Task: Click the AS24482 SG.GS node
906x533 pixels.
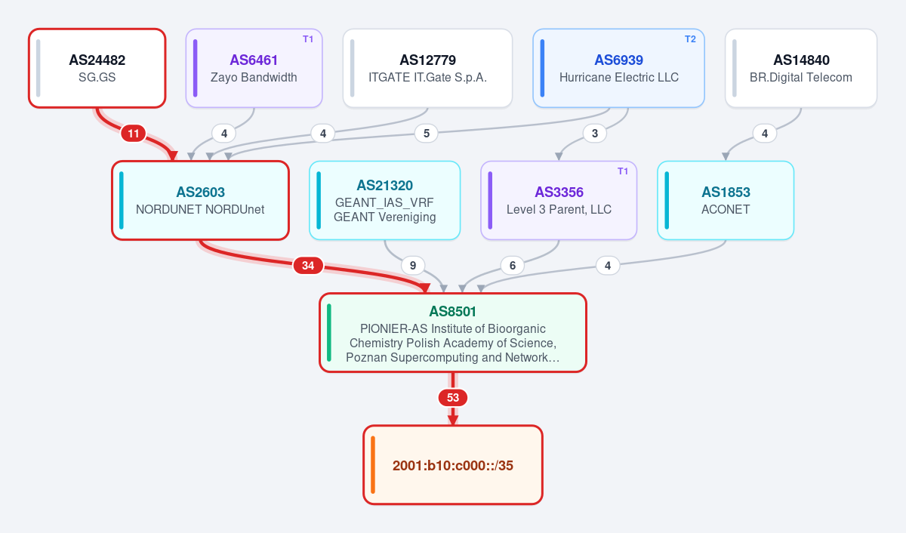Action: [x=97, y=68]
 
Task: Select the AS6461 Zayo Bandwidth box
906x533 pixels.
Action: [x=254, y=68]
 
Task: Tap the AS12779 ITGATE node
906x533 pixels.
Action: [x=427, y=68]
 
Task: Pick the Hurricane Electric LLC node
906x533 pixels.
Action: [x=618, y=68]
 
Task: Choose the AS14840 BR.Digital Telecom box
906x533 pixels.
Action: [x=801, y=68]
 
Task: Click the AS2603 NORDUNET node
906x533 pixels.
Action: [x=200, y=200]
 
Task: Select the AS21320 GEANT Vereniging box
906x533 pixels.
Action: [x=384, y=200]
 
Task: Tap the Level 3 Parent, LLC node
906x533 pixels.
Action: [x=559, y=200]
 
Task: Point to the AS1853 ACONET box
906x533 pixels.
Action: [x=726, y=200]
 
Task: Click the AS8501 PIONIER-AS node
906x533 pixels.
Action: [x=452, y=332]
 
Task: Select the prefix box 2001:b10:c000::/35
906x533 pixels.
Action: [x=452, y=464]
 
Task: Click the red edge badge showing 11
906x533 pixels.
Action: [x=134, y=133]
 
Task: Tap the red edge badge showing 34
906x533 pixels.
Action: [x=308, y=265]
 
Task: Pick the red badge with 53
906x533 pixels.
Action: [x=452, y=398]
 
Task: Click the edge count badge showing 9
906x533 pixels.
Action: [x=413, y=265]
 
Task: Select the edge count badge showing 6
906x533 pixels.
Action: [x=513, y=265]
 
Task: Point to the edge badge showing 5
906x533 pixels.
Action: [x=427, y=133]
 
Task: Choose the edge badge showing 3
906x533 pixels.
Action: [x=595, y=133]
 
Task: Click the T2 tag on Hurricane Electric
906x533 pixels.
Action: [x=690, y=39]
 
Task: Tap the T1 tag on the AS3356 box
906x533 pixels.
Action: [x=623, y=171]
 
